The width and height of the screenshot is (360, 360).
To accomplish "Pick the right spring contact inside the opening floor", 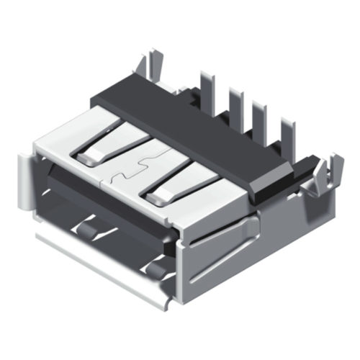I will (155, 269).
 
